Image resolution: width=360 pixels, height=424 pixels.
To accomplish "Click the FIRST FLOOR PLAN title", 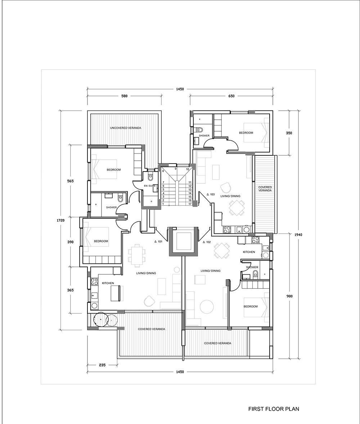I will [274, 409].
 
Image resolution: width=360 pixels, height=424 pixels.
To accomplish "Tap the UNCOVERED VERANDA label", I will [126, 128].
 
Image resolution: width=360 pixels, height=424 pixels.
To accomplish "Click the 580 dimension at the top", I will [124, 96].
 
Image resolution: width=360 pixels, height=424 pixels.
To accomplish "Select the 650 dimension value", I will [231, 96].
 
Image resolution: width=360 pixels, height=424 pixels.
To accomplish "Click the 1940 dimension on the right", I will [298, 235].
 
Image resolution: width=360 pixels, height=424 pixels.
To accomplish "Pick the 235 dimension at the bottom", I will [102, 365].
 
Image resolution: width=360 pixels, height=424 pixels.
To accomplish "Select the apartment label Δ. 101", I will [158, 242].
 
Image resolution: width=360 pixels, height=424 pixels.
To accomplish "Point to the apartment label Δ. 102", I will [206, 242].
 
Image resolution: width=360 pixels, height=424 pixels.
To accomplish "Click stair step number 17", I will [190, 204].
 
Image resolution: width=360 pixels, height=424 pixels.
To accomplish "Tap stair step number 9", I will [176, 169].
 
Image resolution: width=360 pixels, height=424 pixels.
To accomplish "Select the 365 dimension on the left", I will [70, 290].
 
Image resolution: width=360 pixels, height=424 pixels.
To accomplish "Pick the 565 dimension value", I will [70, 181].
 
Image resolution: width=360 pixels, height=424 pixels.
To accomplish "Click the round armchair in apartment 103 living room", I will [226, 187].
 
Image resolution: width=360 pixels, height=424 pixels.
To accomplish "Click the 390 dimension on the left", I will [70, 242].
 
